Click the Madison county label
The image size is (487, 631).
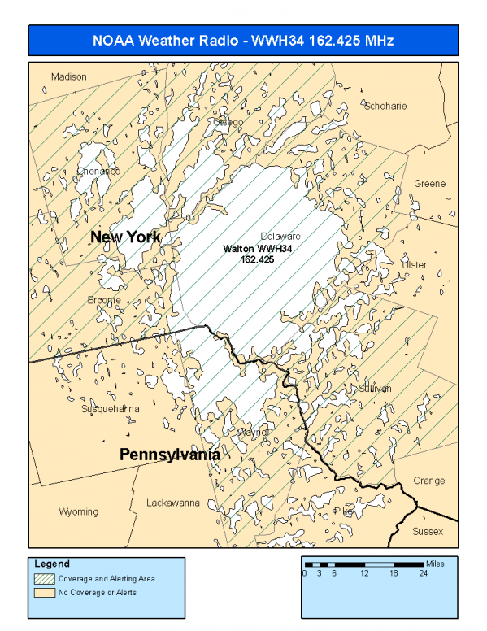coord(68,76)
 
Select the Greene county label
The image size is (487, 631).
coord(429,184)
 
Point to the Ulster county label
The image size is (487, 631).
coord(414,265)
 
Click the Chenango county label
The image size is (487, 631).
coord(98,172)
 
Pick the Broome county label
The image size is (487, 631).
coord(104,300)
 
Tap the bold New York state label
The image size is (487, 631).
coord(125,237)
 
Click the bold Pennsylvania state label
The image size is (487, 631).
coord(170,455)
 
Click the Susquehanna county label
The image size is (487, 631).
coord(109,409)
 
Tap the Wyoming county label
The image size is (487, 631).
coord(78,511)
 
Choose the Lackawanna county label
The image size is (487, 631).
coord(173,503)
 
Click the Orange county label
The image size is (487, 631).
coord(428,481)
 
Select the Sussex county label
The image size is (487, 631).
coord(428,531)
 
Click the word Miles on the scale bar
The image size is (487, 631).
coord(435,564)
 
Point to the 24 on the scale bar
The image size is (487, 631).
coord(424,573)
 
